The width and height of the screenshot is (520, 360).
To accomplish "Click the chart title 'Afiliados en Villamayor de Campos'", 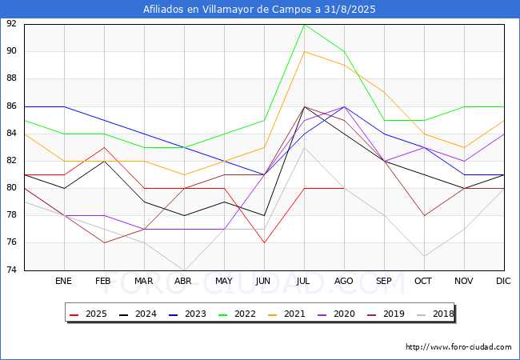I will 259,10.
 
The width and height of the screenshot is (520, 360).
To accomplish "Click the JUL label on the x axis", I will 304,282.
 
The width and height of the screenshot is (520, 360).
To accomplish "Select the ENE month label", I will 64,282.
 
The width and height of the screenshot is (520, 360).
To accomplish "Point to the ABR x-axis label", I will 184,282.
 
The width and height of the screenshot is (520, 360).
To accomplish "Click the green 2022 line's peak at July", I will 304,24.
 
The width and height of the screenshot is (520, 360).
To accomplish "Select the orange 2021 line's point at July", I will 304,51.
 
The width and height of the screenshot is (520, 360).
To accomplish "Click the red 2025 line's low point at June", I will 264,242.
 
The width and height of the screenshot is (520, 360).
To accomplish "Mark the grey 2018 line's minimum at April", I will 184,270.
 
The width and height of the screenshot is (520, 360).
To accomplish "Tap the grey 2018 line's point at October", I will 424,256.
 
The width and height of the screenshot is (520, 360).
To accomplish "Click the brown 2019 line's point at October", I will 424,215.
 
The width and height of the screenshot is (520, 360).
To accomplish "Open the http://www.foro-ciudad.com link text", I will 458,347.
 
